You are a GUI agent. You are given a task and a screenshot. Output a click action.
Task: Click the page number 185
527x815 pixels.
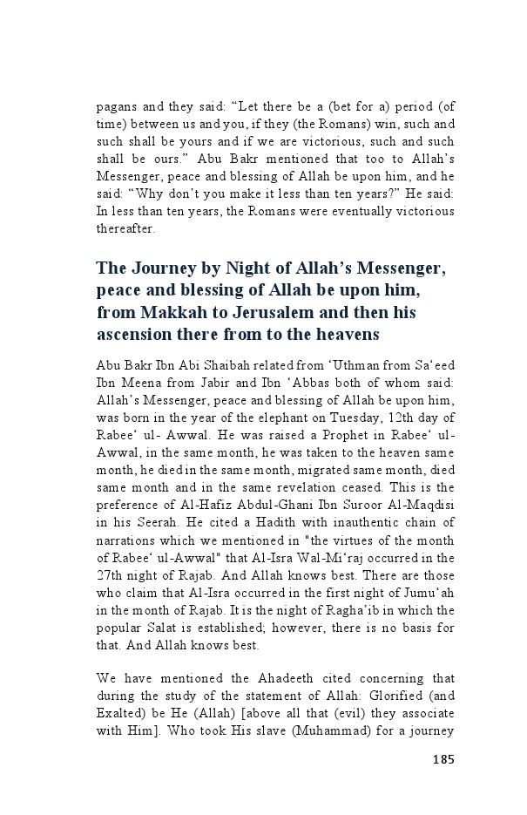coord(443,758)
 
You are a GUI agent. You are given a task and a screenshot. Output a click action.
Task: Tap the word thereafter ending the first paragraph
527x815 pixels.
coord(125,230)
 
